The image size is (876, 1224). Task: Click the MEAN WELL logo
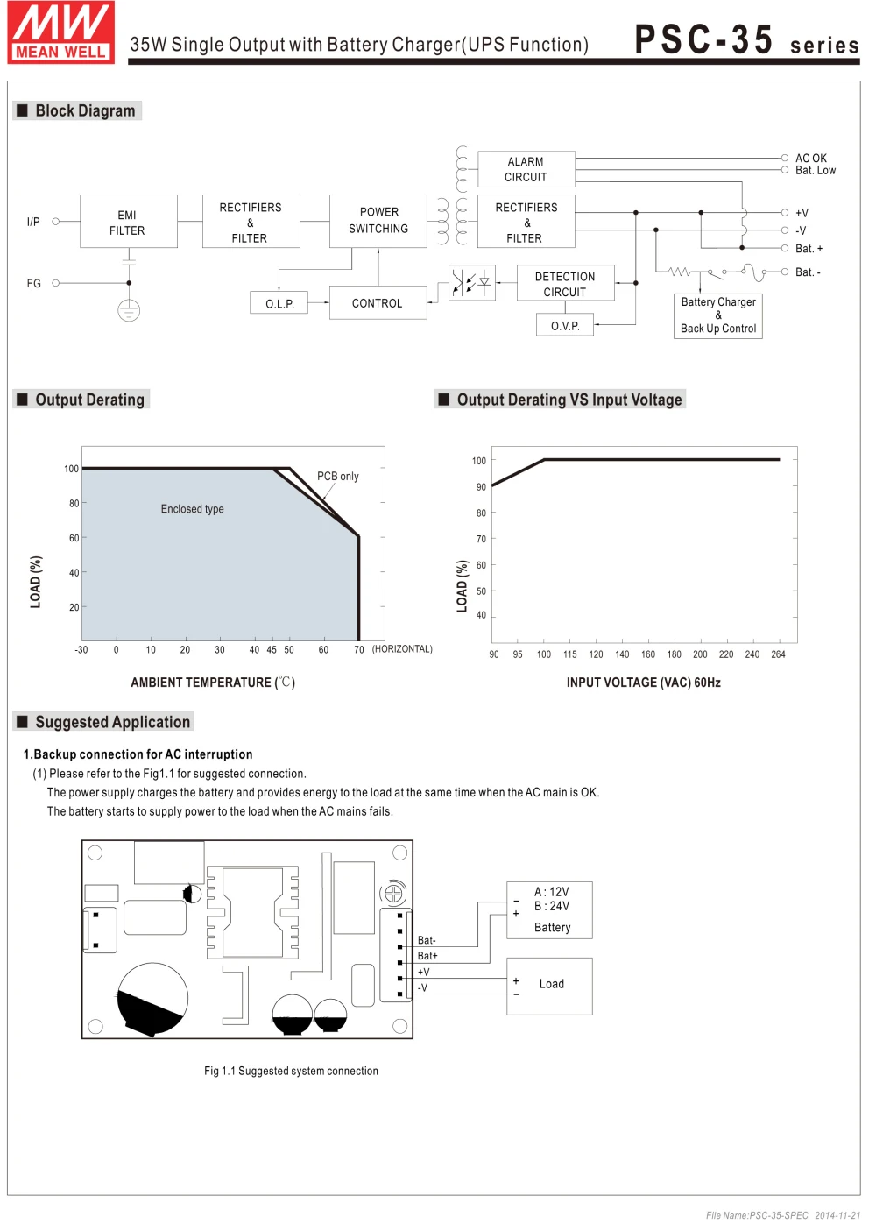[x=60, y=32]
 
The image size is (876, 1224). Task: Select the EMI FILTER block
[x=129, y=222]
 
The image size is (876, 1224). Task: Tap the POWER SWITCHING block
[x=378, y=222]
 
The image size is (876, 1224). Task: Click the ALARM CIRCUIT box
[x=526, y=169]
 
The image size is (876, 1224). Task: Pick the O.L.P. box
[x=279, y=303]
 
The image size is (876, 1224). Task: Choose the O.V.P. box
[x=564, y=325]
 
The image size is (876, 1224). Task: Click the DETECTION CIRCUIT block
[x=566, y=283]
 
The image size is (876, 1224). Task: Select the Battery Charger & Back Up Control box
[x=718, y=315]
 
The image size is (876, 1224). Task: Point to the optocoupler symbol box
[x=472, y=283]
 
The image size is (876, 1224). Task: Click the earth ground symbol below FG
[x=129, y=310]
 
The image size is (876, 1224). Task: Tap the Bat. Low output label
[x=816, y=171]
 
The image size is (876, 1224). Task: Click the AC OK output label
[x=811, y=158]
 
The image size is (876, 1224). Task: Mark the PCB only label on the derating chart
[x=338, y=476]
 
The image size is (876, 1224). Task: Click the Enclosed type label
[x=193, y=509]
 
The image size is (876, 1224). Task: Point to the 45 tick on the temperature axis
[x=272, y=650]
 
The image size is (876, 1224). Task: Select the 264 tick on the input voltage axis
[x=778, y=654]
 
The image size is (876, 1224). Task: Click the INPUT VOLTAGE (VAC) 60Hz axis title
[x=643, y=683]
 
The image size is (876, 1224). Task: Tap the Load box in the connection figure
[x=549, y=987]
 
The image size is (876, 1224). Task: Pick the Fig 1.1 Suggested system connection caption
[x=292, y=1071]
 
